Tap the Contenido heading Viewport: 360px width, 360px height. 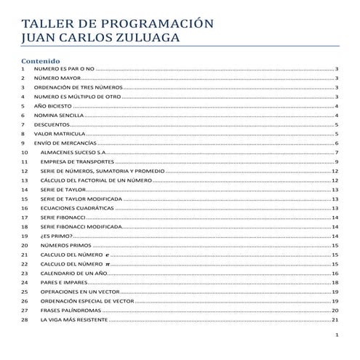point(41,60)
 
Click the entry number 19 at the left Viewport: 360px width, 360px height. point(25,236)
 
